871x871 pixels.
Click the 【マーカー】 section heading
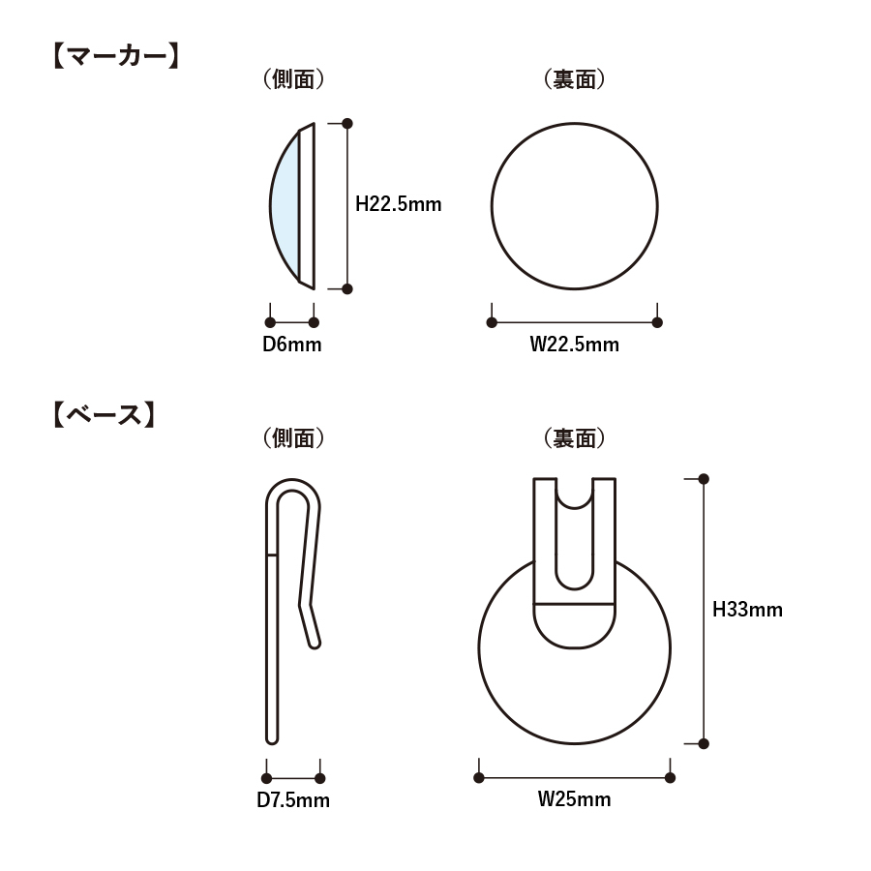(116, 57)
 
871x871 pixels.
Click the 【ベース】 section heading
(104, 415)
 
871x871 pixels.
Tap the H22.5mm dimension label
(399, 204)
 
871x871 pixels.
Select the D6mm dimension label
(292, 345)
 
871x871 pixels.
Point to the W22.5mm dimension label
(574, 345)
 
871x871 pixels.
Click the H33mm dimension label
(748, 610)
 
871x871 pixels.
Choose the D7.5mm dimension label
(293, 800)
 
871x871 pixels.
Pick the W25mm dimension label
(574, 799)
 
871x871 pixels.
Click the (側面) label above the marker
(293, 79)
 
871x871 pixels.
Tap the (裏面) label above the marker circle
(574, 79)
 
